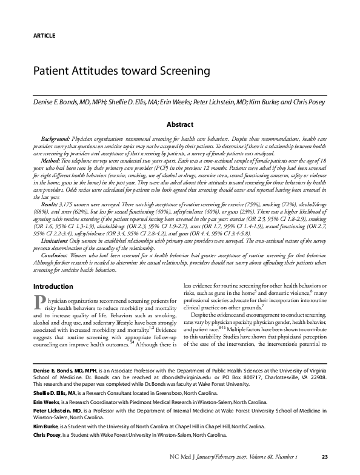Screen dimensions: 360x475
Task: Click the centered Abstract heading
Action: [x=180, y=124]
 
